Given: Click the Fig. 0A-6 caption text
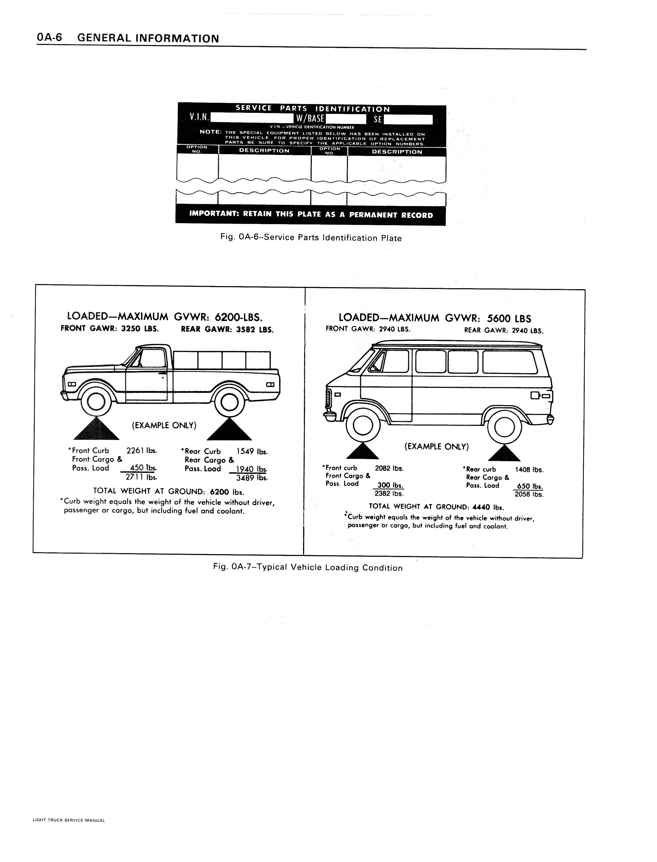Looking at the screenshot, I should tap(311, 238).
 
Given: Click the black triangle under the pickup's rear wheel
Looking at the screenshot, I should tap(229, 430).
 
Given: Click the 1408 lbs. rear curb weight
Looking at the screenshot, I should tap(529, 469).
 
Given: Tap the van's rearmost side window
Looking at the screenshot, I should tap(509, 362).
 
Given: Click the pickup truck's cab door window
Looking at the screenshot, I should tap(152, 358).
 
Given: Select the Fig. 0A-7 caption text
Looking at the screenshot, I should tap(308, 568).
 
